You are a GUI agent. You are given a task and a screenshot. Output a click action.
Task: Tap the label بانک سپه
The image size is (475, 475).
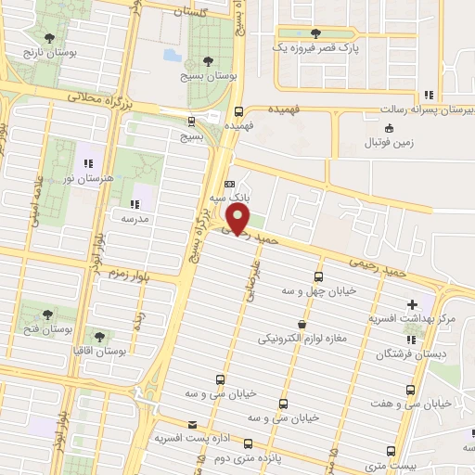click(x=227, y=196)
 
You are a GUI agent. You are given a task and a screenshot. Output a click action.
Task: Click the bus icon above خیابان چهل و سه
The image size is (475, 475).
click(x=319, y=276)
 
